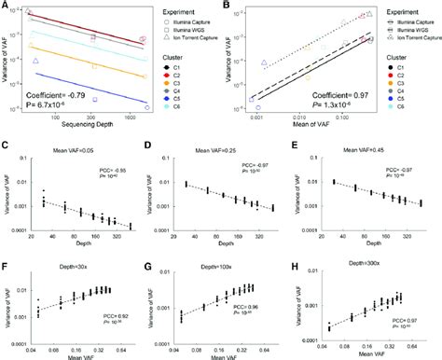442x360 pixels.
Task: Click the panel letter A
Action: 6,6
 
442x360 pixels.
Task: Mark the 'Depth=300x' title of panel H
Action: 373,254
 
